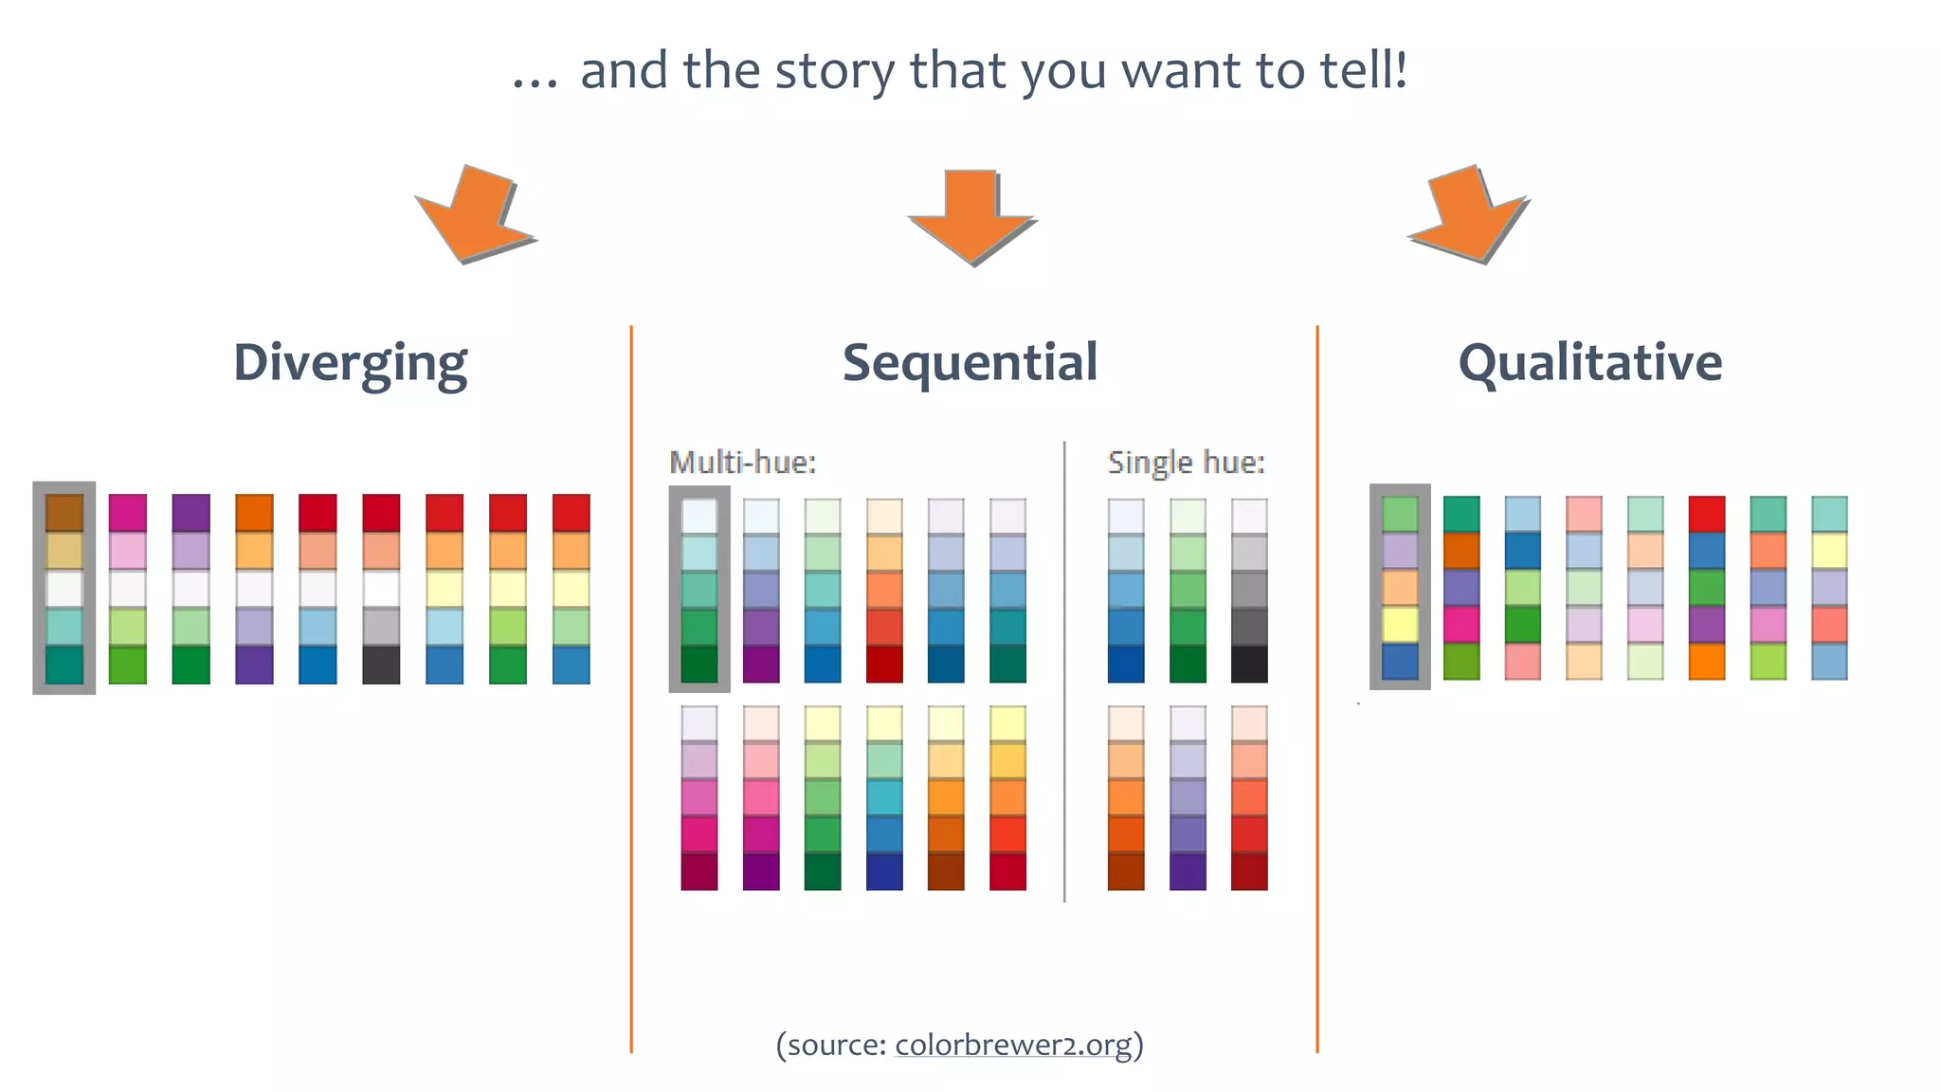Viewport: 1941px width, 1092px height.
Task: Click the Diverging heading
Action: (351, 364)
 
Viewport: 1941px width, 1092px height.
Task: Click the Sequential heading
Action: (970, 362)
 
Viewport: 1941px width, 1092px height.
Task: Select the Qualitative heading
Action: (1590, 362)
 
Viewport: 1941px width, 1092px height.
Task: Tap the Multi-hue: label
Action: (742, 463)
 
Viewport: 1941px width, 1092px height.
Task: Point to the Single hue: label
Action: (1186, 463)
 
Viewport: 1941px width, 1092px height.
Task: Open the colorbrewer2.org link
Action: (1013, 1045)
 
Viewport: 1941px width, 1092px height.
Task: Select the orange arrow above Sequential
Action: (972, 217)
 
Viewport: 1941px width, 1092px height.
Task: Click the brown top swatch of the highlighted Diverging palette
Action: (64, 513)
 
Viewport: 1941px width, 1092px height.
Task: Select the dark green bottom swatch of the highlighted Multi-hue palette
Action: (699, 664)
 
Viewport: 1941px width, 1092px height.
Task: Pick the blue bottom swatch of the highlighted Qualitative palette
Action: (1400, 662)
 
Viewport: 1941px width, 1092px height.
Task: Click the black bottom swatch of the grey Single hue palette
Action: (1249, 664)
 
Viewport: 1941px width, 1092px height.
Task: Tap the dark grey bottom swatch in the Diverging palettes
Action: (381, 664)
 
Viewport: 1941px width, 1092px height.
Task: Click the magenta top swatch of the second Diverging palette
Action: (128, 513)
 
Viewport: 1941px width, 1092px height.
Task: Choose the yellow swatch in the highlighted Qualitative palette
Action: (1400, 625)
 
